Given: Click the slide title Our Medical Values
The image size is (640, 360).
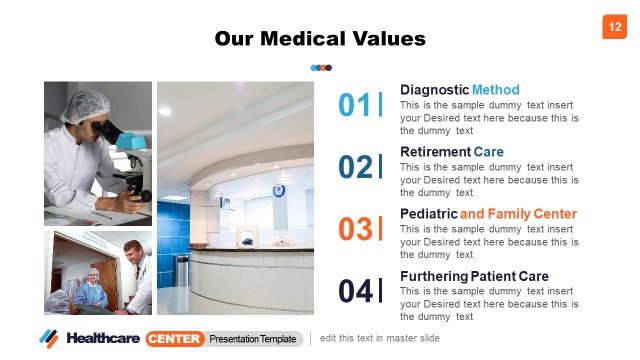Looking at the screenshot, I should point(320,39).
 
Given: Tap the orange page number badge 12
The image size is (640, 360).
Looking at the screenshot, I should point(613,27).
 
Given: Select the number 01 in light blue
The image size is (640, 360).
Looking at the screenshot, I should point(355,105).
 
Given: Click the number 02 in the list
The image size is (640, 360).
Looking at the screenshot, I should point(355,167).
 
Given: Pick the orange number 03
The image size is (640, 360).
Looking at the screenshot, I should point(355,229).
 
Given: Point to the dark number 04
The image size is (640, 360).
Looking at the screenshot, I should point(355,291).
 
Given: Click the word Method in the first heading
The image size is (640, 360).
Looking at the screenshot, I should point(496,89).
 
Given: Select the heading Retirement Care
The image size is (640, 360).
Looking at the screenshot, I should point(451,152).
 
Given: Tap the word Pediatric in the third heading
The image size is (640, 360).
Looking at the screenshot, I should point(428,214).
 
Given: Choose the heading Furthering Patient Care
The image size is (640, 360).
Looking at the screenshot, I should point(474,276).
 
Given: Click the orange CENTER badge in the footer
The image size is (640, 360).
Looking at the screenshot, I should point(175,338).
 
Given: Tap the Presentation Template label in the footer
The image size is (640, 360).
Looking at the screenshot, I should point(253,339).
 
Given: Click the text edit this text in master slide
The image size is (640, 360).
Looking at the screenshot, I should point(380,338).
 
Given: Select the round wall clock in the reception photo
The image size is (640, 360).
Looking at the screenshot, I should point(279,190).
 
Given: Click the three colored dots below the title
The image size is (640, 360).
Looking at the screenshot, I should point(321,68).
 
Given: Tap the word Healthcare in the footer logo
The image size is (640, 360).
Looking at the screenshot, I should point(103,338).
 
